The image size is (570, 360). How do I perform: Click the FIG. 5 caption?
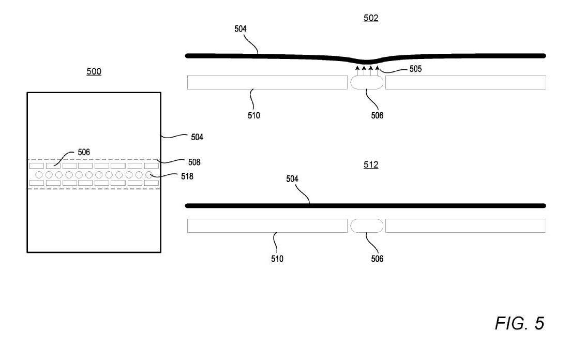click(x=519, y=323)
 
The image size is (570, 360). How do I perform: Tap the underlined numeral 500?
click(x=94, y=71)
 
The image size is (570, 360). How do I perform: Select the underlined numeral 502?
click(x=371, y=18)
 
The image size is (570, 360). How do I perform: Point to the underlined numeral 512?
click(x=371, y=164)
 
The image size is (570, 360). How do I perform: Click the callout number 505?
click(x=415, y=69)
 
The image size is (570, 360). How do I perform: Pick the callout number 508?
click(x=194, y=162)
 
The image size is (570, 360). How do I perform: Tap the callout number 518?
click(x=187, y=176)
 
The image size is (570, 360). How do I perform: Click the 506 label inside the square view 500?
click(x=84, y=152)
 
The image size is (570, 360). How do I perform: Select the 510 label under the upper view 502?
click(x=254, y=115)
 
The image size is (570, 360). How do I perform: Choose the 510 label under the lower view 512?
click(x=277, y=259)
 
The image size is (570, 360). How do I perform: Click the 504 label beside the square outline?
click(x=197, y=137)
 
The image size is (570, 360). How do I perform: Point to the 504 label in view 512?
click(x=292, y=179)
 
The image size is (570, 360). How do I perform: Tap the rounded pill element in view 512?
click(x=366, y=226)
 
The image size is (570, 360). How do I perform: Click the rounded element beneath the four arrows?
click(x=366, y=83)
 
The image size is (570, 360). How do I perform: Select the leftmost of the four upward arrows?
click(x=357, y=70)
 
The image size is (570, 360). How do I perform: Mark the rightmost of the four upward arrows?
click(x=378, y=70)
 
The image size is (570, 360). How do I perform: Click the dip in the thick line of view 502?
click(x=366, y=61)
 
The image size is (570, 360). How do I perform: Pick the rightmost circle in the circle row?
click(x=148, y=175)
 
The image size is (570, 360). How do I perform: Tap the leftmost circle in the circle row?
click(x=39, y=175)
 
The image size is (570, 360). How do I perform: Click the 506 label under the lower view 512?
click(x=377, y=259)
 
